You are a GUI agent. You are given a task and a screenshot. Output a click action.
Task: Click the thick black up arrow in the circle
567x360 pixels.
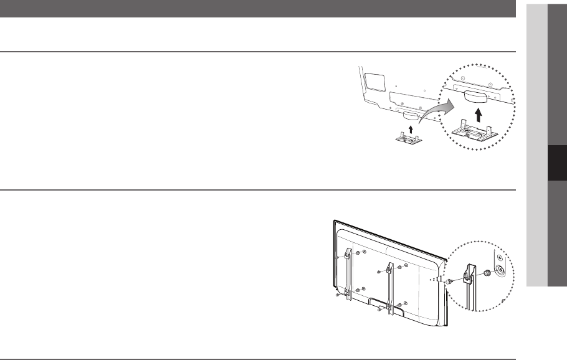[x=478, y=113]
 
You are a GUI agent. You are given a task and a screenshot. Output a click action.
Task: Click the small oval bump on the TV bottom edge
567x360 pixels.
[x=411, y=115]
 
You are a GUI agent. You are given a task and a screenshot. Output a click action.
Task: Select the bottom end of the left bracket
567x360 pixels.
[x=347, y=293]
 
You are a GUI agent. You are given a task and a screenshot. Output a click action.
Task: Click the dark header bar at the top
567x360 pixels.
[x=258, y=9]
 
